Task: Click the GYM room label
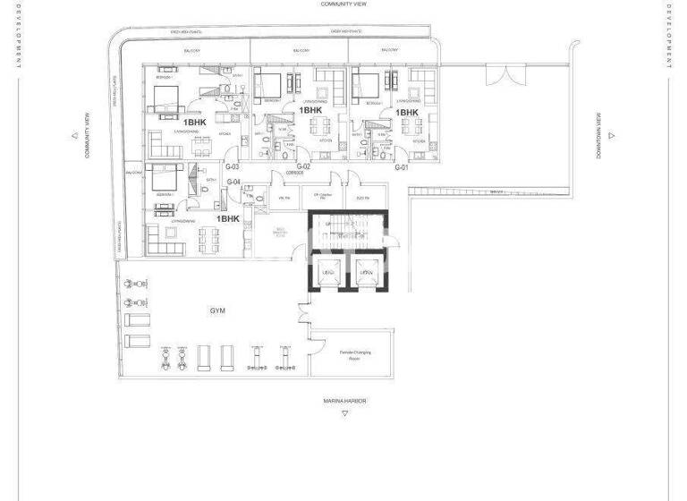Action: [217, 310]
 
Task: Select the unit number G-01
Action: [402, 167]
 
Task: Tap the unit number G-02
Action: [303, 167]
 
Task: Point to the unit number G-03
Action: [232, 167]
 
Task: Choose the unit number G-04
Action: [234, 183]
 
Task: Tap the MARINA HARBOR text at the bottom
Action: [345, 402]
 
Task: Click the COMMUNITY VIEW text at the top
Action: [344, 4]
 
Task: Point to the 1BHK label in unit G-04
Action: [228, 218]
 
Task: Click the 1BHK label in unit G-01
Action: [394, 112]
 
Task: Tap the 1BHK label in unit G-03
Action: [194, 121]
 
